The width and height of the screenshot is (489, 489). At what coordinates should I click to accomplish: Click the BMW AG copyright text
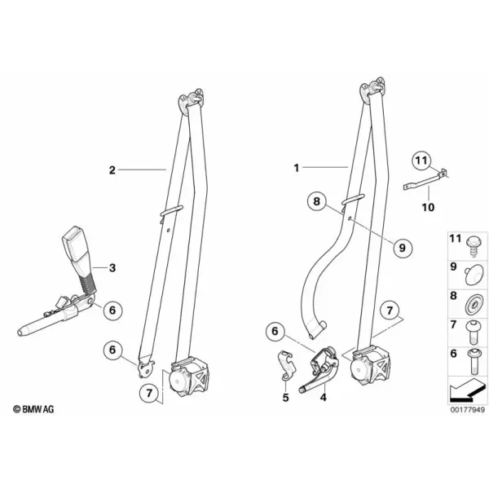pyautogui.click(x=33, y=409)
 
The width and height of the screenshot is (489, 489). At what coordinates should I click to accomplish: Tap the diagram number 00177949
pyautogui.click(x=468, y=410)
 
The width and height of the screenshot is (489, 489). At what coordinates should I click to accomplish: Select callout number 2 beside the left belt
pyautogui.click(x=112, y=170)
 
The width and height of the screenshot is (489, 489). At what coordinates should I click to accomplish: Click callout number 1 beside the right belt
pyautogui.click(x=297, y=169)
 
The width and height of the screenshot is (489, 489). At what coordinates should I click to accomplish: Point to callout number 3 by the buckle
pyautogui.click(x=112, y=268)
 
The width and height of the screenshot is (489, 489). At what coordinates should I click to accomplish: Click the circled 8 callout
pyautogui.click(x=316, y=201)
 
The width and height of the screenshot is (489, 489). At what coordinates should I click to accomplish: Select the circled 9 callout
pyautogui.click(x=403, y=248)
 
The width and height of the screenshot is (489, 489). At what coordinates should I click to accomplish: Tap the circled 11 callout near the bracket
pyautogui.click(x=421, y=161)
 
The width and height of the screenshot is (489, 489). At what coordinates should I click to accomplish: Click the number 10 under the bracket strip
pyautogui.click(x=428, y=207)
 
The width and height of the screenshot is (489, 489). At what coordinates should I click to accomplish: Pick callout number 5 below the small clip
pyautogui.click(x=286, y=398)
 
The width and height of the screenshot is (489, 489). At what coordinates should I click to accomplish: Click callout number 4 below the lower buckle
pyautogui.click(x=323, y=398)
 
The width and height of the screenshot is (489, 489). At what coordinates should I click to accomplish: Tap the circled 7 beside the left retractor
pyautogui.click(x=149, y=394)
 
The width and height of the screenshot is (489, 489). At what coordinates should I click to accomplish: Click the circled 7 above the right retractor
pyautogui.click(x=390, y=311)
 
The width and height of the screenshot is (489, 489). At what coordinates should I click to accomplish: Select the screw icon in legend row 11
pyautogui.click(x=474, y=247)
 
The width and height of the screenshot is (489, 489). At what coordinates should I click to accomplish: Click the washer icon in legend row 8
pyautogui.click(x=474, y=304)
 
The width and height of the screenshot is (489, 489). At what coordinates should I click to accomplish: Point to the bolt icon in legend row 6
pyautogui.click(x=472, y=362)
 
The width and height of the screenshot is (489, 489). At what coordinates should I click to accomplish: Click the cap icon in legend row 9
pyautogui.click(x=474, y=275)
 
